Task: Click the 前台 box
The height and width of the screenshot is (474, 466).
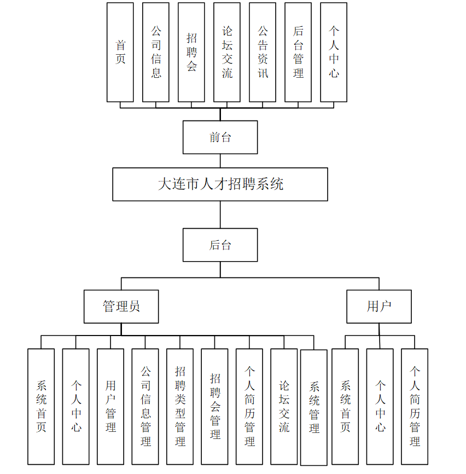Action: click(x=220, y=137)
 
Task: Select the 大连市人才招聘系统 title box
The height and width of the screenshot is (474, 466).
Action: click(x=220, y=184)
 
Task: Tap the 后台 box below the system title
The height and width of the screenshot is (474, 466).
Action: click(x=220, y=245)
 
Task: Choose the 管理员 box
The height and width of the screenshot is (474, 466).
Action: click(x=121, y=307)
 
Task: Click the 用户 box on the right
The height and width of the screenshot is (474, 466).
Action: click(x=379, y=307)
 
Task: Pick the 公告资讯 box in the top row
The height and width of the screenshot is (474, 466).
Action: click(x=263, y=53)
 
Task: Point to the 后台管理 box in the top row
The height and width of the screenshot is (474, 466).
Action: click(x=298, y=53)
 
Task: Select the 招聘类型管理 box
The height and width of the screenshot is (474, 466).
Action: click(x=180, y=407)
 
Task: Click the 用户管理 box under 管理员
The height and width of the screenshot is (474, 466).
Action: click(x=110, y=407)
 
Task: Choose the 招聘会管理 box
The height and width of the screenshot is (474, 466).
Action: click(x=215, y=407)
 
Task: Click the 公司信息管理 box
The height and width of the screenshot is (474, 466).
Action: click(x=145, y=407)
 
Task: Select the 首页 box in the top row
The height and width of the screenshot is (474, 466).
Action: click(x=120, y=53)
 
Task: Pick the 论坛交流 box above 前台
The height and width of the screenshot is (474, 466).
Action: click(x=227, y=53)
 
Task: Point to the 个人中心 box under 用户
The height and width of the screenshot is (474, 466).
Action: click(x=380, y=407)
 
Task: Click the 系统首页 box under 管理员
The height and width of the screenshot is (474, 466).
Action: click(x=41, y=407)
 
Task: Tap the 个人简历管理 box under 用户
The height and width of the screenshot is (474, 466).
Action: click(x=415, y=407)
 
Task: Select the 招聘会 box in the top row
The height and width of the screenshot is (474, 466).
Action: click(x=191, y=53)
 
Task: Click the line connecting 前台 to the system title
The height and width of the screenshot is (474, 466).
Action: click(x=220, y=161)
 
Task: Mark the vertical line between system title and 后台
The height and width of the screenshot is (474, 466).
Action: click(x=220, y=215)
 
